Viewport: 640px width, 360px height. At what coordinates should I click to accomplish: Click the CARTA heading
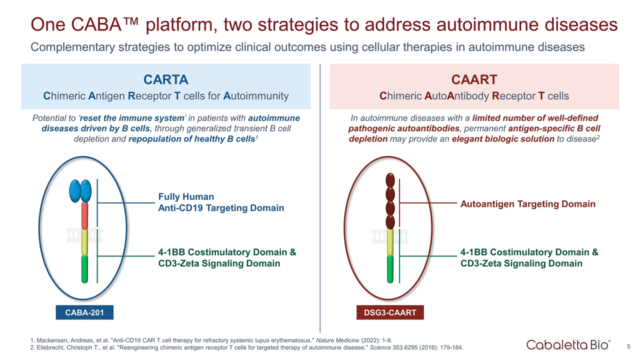point(165,79)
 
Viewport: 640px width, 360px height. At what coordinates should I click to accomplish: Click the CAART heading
point(474,79)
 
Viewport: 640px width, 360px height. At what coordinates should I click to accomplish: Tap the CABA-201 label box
point(84,312)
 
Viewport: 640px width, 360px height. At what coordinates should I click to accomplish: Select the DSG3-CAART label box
point(390,312)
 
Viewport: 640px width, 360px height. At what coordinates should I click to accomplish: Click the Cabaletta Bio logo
point(568,345)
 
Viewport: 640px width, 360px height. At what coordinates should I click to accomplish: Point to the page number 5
point(628,347)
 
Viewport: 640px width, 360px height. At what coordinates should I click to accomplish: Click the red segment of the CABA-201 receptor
point(84,216)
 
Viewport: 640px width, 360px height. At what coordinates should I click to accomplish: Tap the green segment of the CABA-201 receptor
point(84,269)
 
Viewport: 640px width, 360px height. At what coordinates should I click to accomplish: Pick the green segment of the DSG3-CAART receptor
point(390,269)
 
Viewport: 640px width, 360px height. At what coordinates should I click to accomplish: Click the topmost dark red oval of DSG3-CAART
point(390,180)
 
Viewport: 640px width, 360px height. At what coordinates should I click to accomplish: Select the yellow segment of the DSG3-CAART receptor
point(390,242)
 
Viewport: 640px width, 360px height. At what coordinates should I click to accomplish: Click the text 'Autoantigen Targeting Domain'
point(528,204)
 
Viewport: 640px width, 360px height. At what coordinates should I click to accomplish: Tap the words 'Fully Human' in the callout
point(186,196)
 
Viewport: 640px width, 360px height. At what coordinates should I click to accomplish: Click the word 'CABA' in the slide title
point(97,24)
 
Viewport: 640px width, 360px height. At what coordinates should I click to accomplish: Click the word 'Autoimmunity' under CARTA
point(256,96)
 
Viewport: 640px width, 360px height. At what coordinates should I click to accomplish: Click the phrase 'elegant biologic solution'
point(503,139)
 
